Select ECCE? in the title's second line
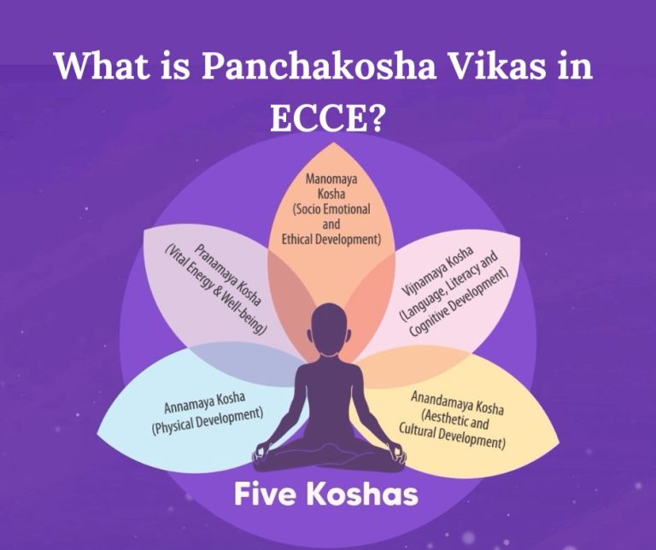pos(326,120)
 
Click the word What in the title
pos(97,67)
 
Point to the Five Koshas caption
pos(328,494)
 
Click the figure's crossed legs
pos(328,458)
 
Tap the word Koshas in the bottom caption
pos(370,494)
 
